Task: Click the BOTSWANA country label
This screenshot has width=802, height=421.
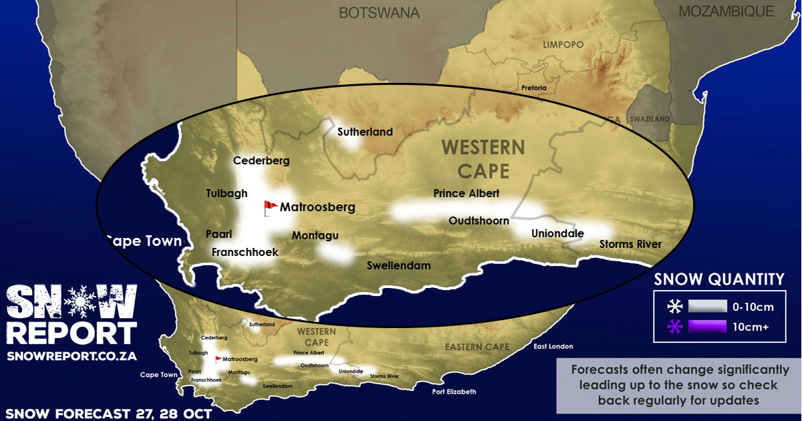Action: point(379,13)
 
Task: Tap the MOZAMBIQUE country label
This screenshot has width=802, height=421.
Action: point(726,11)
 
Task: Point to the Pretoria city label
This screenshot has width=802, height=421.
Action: point(534,88)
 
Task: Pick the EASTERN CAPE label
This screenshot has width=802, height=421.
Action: point(477,347)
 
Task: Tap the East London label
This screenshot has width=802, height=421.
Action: point(552,346)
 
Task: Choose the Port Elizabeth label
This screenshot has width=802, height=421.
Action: point(454,392)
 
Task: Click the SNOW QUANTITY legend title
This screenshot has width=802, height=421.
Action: point(719,279)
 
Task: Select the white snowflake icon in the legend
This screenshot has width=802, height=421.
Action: point(675,307)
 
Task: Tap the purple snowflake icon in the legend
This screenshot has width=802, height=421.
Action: point(675,327)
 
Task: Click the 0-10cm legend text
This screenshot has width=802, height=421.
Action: point(753,307)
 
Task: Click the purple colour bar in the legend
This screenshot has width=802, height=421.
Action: point(706,327)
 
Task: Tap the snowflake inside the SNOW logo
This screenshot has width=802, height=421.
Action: point(84,302)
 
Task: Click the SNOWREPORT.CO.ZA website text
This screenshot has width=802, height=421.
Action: point(72,356)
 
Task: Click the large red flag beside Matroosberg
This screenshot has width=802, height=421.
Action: point(270,207)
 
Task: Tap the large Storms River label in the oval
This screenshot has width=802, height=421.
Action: point(630,244)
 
